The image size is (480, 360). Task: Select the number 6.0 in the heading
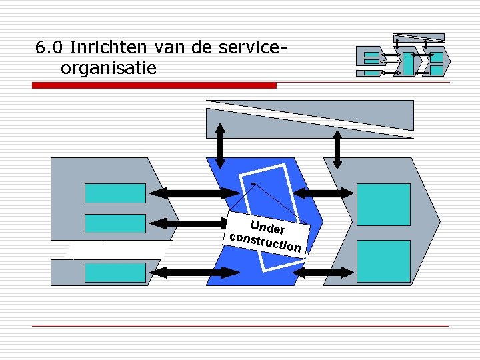(49, 48)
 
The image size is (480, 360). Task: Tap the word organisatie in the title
(108, 68)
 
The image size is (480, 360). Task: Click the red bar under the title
(155, 85)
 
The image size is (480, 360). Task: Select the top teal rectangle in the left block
(115, 193)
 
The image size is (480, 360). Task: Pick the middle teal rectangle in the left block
(115, 223)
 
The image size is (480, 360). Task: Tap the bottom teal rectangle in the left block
(115, 272)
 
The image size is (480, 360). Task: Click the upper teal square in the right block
(383, 204)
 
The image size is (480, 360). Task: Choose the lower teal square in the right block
(383, 261)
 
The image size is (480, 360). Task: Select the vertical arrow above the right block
(337, 149)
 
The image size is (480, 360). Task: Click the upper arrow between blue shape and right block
(324, 193)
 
